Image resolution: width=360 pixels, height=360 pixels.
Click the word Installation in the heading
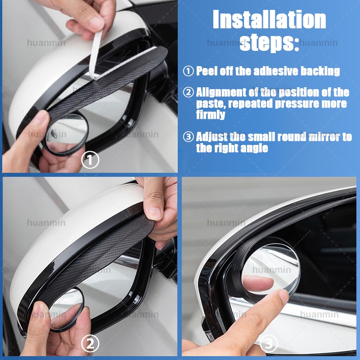point(269,20)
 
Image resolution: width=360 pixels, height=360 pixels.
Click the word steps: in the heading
point(269,43)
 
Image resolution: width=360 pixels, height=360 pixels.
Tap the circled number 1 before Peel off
point(188,71)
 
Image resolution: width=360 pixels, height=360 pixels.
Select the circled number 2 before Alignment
point(188,93)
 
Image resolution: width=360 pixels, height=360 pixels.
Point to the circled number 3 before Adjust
point(188,137)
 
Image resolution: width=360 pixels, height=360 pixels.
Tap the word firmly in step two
point(211,115)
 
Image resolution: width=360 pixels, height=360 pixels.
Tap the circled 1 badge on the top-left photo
point(90,161)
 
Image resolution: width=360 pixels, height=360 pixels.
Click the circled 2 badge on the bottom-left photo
point(90,344)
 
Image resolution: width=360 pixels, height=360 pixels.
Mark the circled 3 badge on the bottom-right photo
point(269,344)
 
